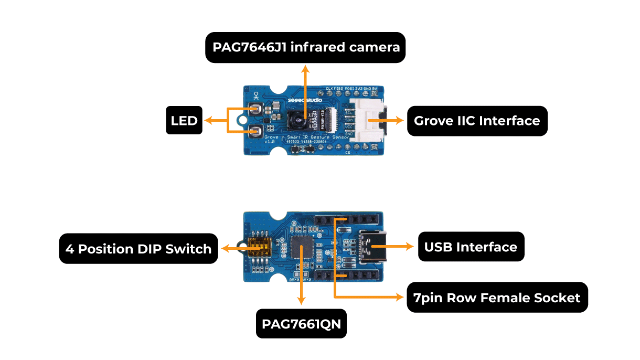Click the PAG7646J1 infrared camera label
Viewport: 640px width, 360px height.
coord(306,47)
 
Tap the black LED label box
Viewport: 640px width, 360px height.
coord(184,121)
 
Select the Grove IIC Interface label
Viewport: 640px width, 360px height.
coord(477,121)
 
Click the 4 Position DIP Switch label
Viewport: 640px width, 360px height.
coord(138,249)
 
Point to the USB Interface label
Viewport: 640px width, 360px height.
coord(471,247)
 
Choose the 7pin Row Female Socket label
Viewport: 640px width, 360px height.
coord(497,298)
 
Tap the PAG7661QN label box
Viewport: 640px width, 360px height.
coord(301,324)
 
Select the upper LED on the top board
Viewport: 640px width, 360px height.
coord(257,109)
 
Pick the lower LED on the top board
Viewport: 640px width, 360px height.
coord(257,131)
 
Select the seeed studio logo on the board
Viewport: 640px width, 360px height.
coord(305,100)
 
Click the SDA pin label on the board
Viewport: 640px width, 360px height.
coord(349,120)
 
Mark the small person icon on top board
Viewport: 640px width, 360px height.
coord(256,96)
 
